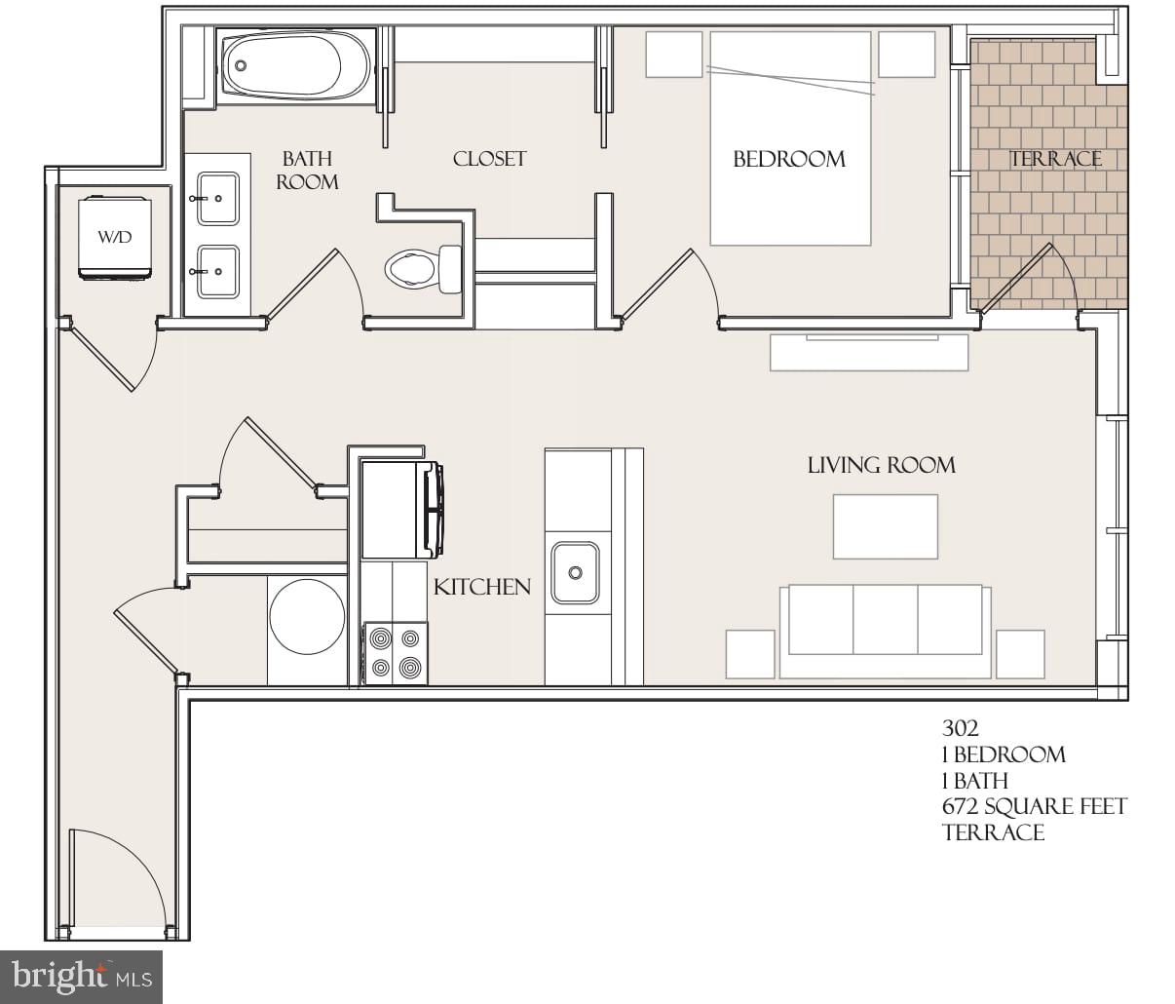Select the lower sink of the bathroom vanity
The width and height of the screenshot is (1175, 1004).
click(x=217, y=271)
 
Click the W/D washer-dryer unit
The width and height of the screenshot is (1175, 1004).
click(x=115, y=237)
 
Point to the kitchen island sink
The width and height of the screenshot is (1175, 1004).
click(x=576, y=573)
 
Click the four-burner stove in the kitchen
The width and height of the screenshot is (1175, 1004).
click(x=396, y=652)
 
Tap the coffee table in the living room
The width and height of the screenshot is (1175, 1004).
click(x=885, y=526)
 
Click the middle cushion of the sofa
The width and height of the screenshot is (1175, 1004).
click(x=885, y=620)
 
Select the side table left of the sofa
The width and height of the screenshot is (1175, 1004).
click(x=750, y=653)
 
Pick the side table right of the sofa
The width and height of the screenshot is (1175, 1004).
click(x=1019, y=653)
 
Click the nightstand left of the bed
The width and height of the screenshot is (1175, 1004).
click(x=673, y=55)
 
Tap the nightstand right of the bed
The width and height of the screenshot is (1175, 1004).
click(x=906, y=55)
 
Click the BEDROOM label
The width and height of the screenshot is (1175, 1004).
click(x=788, y=159)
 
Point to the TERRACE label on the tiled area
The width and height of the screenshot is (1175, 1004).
click(x=1055, y=159)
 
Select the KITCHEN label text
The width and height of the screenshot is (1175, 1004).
click(x=482, y=587)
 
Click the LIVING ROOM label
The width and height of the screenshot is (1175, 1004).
click(x=881, y=465)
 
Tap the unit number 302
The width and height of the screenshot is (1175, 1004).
click(x=960, y=728)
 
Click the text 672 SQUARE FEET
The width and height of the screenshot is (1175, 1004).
click(x=1034, y=806)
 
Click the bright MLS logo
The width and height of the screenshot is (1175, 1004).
click(x=82, y=976)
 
